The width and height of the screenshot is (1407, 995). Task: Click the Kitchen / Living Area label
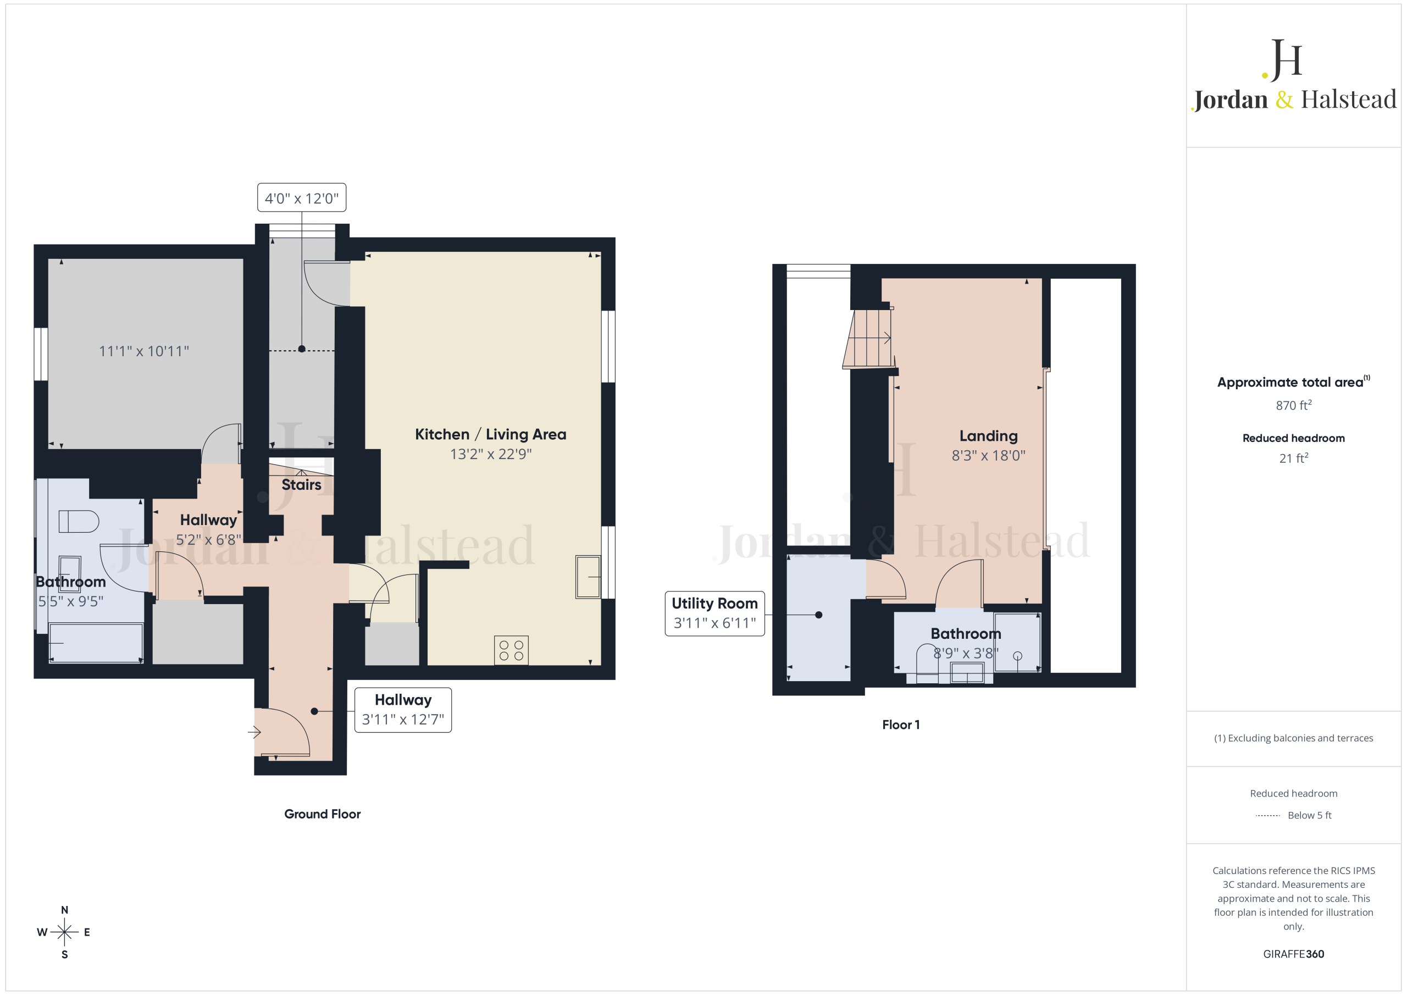point(490,434)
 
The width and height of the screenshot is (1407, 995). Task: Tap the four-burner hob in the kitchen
point(511,650)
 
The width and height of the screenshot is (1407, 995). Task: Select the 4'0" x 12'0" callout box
point(302,197)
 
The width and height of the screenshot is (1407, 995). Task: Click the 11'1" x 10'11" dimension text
point(144,351)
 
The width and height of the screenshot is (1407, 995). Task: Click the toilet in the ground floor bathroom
point(79,521)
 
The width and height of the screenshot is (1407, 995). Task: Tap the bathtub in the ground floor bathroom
point(96,643)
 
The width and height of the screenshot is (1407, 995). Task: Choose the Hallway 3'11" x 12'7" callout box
point(403,710)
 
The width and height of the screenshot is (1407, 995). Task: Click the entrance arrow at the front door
point(254,732)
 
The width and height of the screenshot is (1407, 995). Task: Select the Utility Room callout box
point(714,613)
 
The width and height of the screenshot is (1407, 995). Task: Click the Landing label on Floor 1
point(988,436)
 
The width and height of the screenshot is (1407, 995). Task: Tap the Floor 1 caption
point(901,725)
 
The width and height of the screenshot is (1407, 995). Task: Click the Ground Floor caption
point(322,814)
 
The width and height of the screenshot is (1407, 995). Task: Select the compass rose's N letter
point(64,910)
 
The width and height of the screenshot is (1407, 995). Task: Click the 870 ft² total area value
point(1294,405)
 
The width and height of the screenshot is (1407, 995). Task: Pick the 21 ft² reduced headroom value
point(1294,458)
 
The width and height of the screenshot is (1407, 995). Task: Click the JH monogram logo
point(1282,60)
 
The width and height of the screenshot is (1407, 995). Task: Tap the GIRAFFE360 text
point(1294,954)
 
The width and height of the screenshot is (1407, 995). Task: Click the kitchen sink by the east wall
point(588,576)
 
